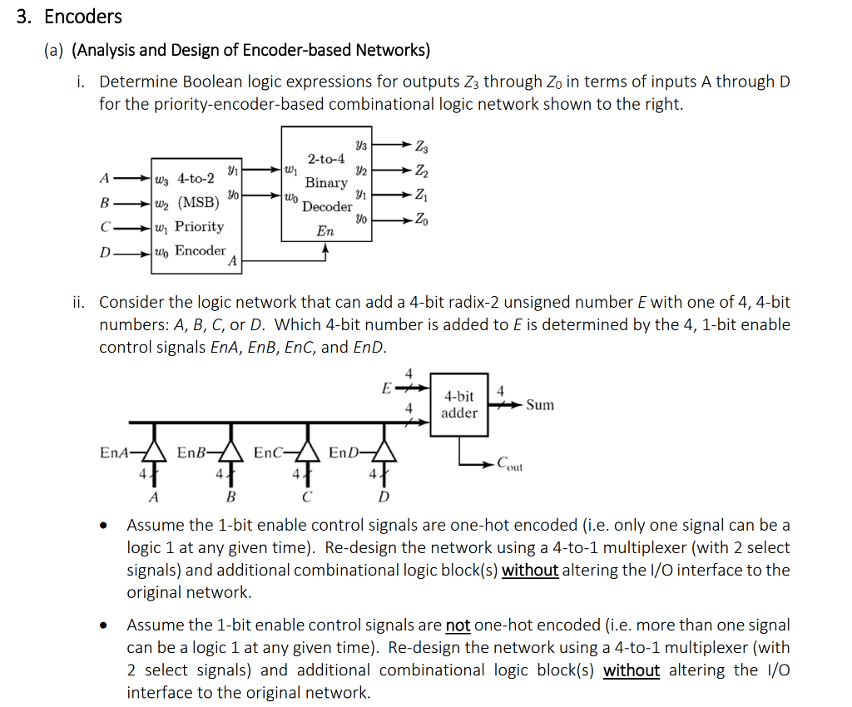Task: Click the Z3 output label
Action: tap(422, 146)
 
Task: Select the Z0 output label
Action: tap(422, 220)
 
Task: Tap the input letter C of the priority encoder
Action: tap(106, 227)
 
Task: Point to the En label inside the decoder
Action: tap(325, 231)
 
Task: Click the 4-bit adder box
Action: tap(459, 404)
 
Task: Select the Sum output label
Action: tap(540, 405)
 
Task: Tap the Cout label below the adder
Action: tap(510, 464)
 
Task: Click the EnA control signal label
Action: tap(115, 452)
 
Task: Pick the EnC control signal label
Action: tap(269, 452)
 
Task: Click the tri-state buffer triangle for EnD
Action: tap(384, 452)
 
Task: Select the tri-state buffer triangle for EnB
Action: tap(231, 452)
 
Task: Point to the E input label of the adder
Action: tap(386, 388)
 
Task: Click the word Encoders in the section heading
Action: tap(83, 17)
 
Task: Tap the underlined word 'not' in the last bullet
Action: tap(458, 625)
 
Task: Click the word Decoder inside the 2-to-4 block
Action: tap(327, 207)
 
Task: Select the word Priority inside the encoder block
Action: tap(200, 226)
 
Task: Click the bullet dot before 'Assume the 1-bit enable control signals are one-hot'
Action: tap(103, 526)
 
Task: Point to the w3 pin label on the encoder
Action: tap(162, 180)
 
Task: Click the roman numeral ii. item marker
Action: tap(79, 302)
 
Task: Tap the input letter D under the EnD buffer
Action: tap(384, 497)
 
